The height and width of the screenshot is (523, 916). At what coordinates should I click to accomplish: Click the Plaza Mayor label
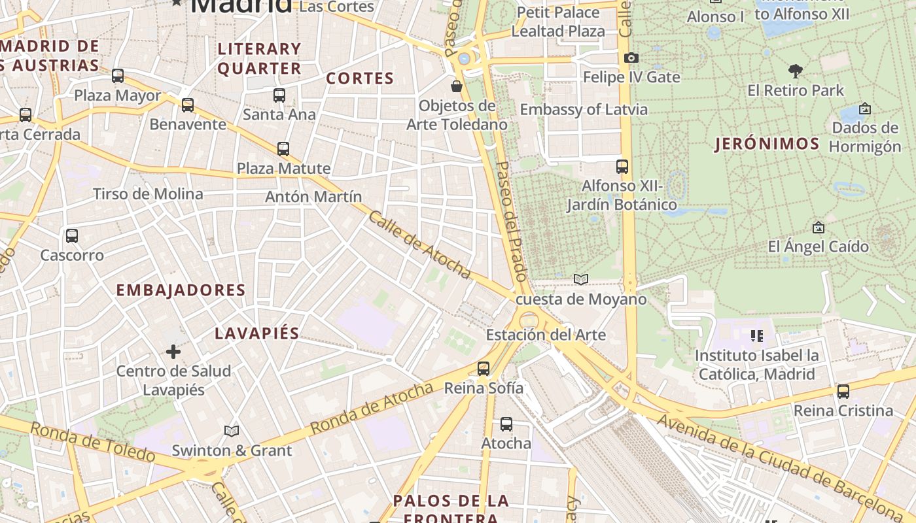point(117,95)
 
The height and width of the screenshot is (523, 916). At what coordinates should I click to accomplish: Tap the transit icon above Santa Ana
point(279,95)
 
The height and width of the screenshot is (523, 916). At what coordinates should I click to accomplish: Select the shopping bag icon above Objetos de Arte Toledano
point(457,86)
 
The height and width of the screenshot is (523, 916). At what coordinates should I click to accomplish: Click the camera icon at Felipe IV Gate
point(631,58)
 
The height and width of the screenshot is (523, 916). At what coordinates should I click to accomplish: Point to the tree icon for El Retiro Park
point(796,71)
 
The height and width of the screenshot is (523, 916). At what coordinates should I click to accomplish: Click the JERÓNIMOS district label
point(767,144)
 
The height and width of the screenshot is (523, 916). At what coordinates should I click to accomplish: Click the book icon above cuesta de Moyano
point(581,280)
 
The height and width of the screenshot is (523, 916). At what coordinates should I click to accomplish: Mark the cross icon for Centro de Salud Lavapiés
point(173,352)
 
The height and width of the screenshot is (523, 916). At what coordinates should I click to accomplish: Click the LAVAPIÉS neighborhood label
point(257,333)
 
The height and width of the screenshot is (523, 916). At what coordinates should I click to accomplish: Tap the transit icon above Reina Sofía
point(484,369)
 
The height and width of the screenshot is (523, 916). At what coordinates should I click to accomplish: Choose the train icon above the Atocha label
point(506,424)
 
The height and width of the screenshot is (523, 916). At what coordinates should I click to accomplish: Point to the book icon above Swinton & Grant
point(232,431)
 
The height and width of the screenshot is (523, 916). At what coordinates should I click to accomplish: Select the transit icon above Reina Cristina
point(843,392)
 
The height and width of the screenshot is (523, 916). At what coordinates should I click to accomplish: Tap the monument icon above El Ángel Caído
point(818,228)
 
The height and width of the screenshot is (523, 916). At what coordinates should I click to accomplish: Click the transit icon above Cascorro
point(72,235)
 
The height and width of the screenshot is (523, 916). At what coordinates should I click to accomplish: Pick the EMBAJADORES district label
point(181,290)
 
